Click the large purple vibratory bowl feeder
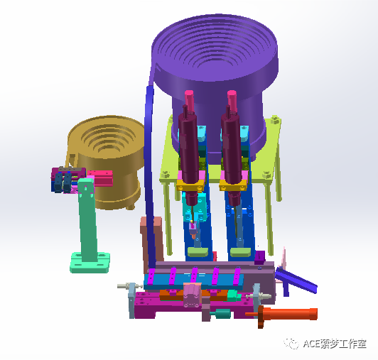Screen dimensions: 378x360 (215, 72)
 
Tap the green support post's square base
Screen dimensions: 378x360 (90, 263)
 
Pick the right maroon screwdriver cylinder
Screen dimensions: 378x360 (232, 149)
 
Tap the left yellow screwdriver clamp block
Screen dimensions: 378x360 (190, 185)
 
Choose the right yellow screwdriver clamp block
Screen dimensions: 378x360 (233, 185)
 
